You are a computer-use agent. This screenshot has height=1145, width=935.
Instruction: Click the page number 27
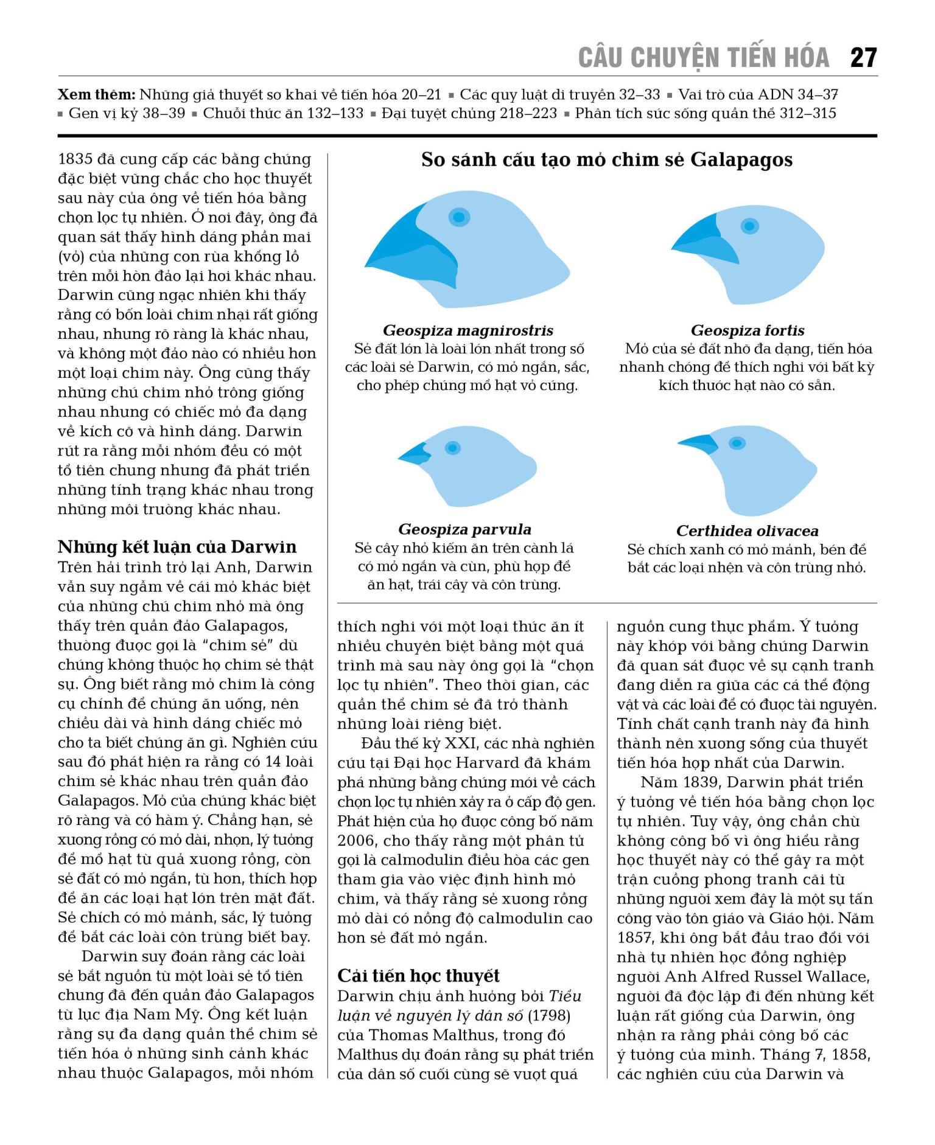pos(863,58)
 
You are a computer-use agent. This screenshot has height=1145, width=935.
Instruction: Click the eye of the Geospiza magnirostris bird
pos(459,217)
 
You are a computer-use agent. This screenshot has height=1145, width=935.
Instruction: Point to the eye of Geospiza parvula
pos(452,448)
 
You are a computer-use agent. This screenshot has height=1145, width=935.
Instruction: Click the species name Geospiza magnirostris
pos(467,330)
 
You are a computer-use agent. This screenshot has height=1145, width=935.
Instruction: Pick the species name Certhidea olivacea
pos(747,531)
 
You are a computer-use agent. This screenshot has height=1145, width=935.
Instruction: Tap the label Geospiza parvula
pos(464,529)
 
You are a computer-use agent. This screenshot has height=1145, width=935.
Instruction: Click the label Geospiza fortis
pos(747,330)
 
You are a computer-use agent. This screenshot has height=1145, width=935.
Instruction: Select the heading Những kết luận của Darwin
pos(177,546)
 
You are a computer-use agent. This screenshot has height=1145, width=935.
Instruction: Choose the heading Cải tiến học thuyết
pos(418,975)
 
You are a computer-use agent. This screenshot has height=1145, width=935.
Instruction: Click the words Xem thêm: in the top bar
pos(96,94)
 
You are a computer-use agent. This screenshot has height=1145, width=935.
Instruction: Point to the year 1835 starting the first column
pos(75,159)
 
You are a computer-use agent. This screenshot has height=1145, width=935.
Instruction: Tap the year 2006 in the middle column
pos(357,840)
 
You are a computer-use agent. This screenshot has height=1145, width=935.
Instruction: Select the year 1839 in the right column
pos(698,782)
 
